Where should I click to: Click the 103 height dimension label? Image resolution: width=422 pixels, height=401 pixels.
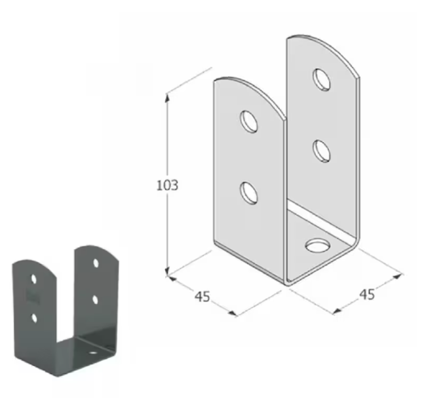pos(167,185)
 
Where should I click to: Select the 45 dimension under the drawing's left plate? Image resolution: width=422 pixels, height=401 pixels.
pos(202,296)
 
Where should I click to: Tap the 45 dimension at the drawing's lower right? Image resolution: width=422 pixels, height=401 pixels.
pos(367,294)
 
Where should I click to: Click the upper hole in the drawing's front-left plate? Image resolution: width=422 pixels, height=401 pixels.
pos(249,121)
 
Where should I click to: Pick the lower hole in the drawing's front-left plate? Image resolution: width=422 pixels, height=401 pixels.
pos(249,193)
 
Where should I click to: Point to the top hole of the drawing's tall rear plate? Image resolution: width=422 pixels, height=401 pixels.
pos(322,79)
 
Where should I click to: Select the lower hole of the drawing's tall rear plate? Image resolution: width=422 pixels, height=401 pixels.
pos(321,150)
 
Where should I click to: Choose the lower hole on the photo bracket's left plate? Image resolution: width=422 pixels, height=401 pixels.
pos(33,318)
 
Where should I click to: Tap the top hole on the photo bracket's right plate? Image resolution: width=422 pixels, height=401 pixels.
pos(96,263)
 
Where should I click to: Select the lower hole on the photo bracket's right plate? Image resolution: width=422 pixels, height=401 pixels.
pos(96,299)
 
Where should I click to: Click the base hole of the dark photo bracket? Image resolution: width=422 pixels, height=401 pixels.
pos(94,353)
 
